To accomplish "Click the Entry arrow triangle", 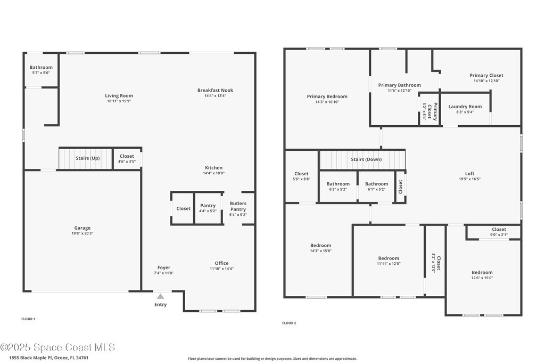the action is tap(160, 296).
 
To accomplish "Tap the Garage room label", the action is tap(82, 228).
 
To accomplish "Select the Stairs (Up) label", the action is tap(88, 158).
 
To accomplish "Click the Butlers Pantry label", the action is tap(238, 206).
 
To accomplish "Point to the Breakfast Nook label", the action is tap(215, 90).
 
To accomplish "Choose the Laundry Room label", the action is tap(465, 107).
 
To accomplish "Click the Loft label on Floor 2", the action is tap(469, 173).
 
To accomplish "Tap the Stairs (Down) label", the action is tap(366, 159).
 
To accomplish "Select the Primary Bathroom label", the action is tap(399, 85).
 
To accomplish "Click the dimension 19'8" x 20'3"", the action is tap(82, 233).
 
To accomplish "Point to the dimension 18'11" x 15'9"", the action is tap(119, 101).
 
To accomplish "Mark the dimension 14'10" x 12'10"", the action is tap(486, 80).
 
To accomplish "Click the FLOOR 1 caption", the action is tap(28, 319).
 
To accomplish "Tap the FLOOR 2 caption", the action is tap(289, 323).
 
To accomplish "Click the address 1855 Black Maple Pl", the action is tap(30, 358).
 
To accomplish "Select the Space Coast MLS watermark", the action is tap(57, 347).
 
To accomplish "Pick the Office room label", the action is tap(221, 263).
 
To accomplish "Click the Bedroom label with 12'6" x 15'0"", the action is tap(482, 272).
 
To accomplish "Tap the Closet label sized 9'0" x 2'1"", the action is tap(499, 229).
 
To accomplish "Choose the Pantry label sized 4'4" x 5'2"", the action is tap(208, 206).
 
